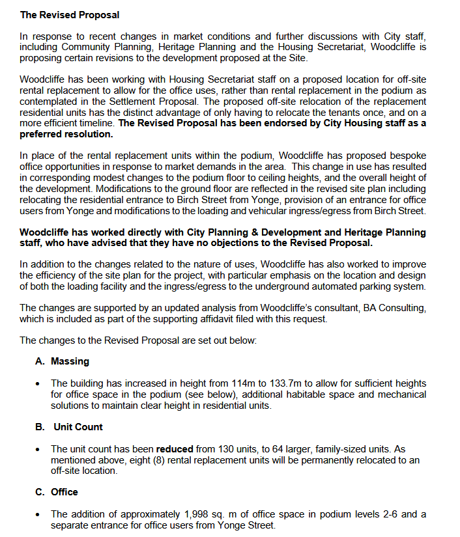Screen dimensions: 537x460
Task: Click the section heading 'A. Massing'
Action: (62, 361)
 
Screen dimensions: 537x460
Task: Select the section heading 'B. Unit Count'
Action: (69, 427)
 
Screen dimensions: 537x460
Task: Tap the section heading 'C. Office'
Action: (57, 492)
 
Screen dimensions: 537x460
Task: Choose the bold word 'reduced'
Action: (175, 449)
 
